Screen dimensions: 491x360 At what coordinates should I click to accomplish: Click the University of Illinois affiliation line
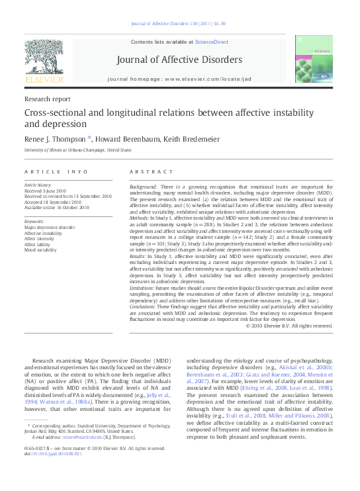click(77, 150)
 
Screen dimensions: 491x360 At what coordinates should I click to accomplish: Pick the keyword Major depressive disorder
click(50, 227)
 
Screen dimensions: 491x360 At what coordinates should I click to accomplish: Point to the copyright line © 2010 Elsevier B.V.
click(289, 326)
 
